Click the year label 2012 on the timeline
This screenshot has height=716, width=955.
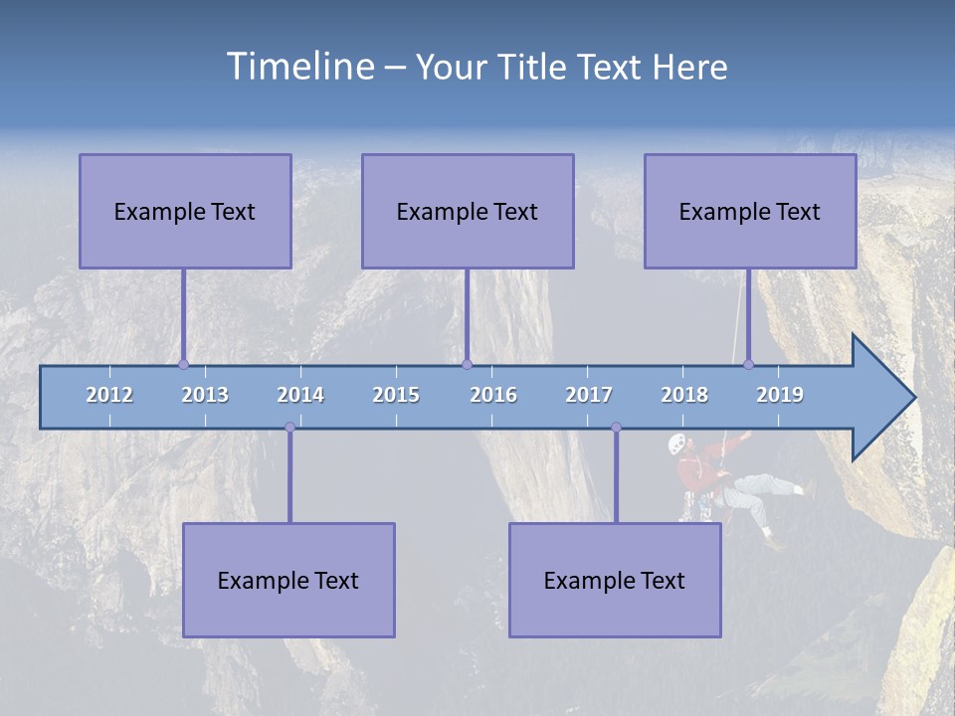(109, 395)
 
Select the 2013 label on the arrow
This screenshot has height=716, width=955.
(205, 395)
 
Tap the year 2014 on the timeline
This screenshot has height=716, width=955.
(300, 395)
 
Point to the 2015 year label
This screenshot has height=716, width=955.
(396, 395)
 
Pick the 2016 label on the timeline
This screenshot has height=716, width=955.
(493, 395)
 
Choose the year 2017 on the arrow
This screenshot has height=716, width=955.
(589, 395)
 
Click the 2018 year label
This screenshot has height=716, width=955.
(684, 395)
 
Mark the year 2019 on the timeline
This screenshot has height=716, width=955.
(780, 395)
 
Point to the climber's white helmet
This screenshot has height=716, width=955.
(676, 444)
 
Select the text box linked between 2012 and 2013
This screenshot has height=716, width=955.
(185, 211)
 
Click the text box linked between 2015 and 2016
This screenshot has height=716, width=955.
(468, 211)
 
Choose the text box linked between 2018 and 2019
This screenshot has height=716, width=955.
(750, 211)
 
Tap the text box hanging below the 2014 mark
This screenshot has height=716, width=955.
(288, 580)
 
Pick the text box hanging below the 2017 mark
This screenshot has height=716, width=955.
(615, 580)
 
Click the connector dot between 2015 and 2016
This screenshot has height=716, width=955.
(468, 364)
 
